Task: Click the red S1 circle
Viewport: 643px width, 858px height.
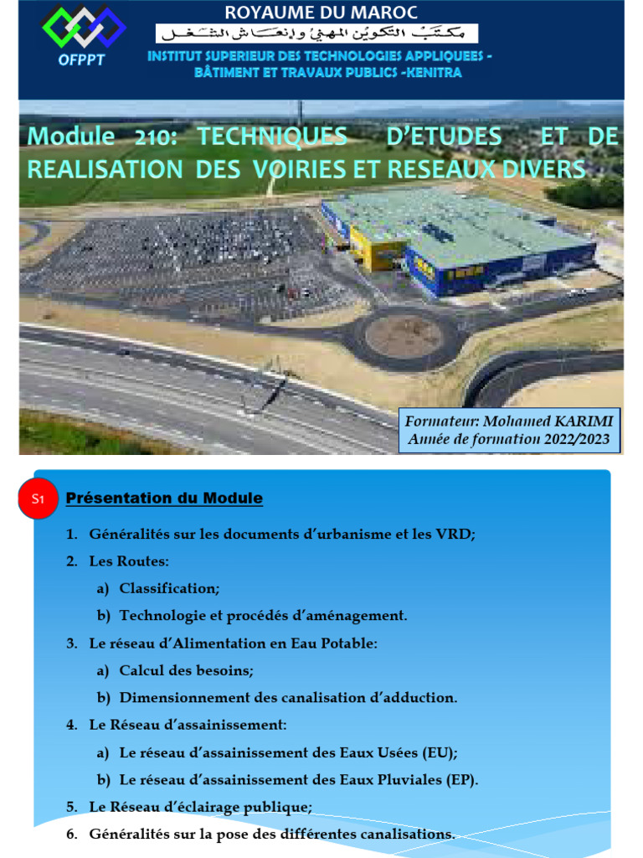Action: pyautogui.click(x=37, y=499)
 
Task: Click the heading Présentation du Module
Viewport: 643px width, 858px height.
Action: pyautogui.click(x=164, y=499)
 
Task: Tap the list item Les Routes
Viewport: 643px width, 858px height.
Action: pyautogui.click(x=129, y=561)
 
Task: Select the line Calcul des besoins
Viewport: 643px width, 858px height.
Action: pyautogui.click(x=186, y=670)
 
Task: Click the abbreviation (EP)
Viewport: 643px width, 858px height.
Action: pyautogui.click(x=460, y=780)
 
